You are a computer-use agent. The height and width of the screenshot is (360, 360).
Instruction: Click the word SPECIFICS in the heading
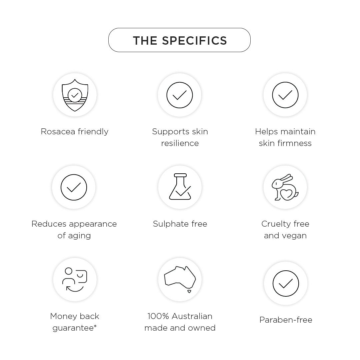(x=194, y=41)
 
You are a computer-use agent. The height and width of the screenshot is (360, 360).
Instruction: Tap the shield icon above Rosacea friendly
(x=75, y=95)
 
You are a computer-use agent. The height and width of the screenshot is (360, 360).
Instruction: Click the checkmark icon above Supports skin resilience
(x=180, y=95)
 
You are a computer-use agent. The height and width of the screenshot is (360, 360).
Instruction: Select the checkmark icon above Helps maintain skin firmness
(x=285, y=95)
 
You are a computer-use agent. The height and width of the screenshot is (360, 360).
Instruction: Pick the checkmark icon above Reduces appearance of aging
(x=74, y=187)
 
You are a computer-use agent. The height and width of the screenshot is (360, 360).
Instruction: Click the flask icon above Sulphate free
(x=180, y=186)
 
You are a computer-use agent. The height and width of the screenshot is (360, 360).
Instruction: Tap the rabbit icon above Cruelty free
(x=285, y=187)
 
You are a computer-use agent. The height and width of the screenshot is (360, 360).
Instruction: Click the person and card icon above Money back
(x=75, y=279)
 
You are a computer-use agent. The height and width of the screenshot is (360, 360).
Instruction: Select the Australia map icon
(x=180, y=279)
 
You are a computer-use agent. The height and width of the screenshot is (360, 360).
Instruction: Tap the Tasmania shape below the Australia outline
(x=189, y=291)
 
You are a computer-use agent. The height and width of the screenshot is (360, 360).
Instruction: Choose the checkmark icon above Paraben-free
(x=286, y=284)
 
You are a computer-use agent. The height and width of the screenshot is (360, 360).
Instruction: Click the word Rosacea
(x=58, y=132)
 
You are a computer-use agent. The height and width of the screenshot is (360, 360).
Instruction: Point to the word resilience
(x=180, y=143)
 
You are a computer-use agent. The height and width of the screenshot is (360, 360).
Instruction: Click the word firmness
(x=295, y=143)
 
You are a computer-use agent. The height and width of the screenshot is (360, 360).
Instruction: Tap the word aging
(x=79, y=236)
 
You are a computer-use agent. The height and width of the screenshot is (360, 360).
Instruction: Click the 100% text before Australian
(x=158, y=316)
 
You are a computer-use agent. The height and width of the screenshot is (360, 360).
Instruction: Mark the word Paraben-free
(x=286, y=320)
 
